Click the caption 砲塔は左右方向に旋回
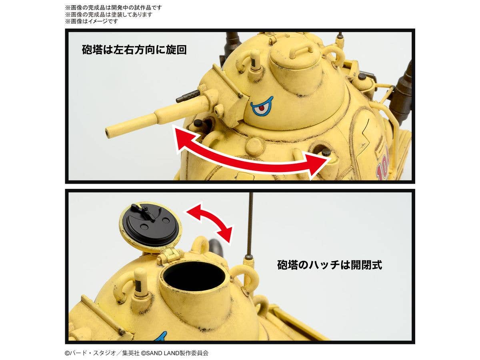pyautogui.click(x=134, y=50)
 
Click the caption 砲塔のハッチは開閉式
pyautogui.click(x=330, y=265)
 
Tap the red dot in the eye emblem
pyautogui.click(x=261, y=108)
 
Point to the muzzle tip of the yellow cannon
pyautogui.click(x=108, y=132)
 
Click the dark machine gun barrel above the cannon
pyautogui.click(x=188, y=97)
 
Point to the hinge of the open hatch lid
pyautogui.click(x=170, y=255)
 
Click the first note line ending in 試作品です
pyautogui.click(x=114, y=8)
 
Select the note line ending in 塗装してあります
pyautogui.click(x=109, y=14)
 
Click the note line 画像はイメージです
pyautogui.click(x=92, y=21)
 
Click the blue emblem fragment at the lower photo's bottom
pyautogui.click(x=161, y=336)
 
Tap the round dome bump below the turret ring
pyautogui.click(x=254, y=146)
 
